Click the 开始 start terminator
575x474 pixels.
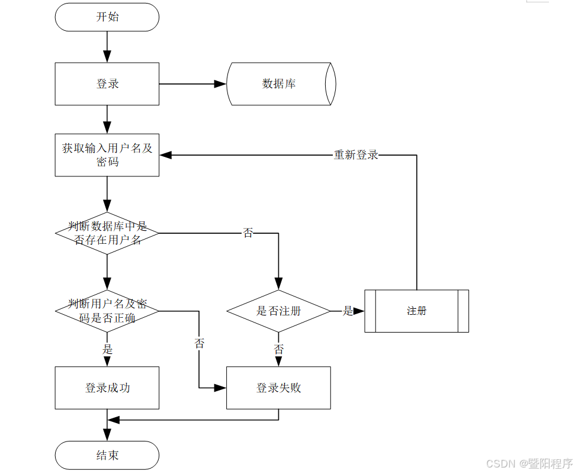coord(107,17)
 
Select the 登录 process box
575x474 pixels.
coord(107,84)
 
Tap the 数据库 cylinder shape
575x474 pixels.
coord(280,84)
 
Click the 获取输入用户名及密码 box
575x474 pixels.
coord(107,155)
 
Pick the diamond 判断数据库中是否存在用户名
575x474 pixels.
coord(107,233)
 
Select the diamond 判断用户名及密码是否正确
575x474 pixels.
coord(107,311)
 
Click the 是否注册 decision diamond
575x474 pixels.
coord(278,311)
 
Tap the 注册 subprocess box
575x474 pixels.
coord(416,311)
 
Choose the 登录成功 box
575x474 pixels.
coord(107,388)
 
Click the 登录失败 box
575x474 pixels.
coord(278,388)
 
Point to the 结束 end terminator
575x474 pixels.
coord(107,455)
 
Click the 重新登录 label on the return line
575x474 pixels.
coord(356,155)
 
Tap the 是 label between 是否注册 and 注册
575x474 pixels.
coord(348,311)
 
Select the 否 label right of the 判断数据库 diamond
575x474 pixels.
coord(248,233)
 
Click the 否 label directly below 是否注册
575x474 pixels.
coord(278,349)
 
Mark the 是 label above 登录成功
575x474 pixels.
coord(107,349)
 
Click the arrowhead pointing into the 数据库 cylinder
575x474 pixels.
coord(220,84)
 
